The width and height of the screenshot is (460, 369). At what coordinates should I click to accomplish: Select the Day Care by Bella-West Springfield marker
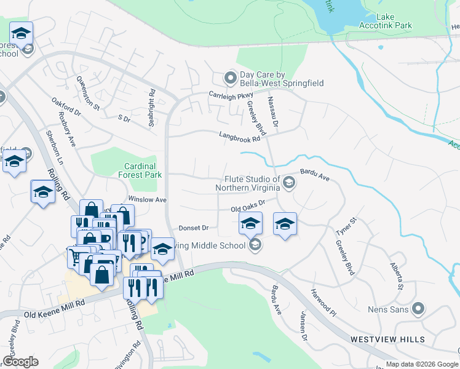coord(230,77)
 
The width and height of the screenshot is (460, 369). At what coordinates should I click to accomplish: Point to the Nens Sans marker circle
coord(419,309)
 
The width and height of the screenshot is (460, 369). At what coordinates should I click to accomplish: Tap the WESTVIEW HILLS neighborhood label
coord(387,339)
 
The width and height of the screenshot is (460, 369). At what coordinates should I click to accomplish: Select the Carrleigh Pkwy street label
coord(231,95)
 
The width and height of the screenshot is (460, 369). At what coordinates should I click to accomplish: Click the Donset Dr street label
coord(194,228)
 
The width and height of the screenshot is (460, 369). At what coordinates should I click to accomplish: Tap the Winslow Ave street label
coord(147,200)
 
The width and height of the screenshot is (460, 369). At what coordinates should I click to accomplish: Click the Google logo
coord(20,362)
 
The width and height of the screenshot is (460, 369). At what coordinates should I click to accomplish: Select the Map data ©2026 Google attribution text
coord(422,364)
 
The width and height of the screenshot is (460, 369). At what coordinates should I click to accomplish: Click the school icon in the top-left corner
coord(21,34)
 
